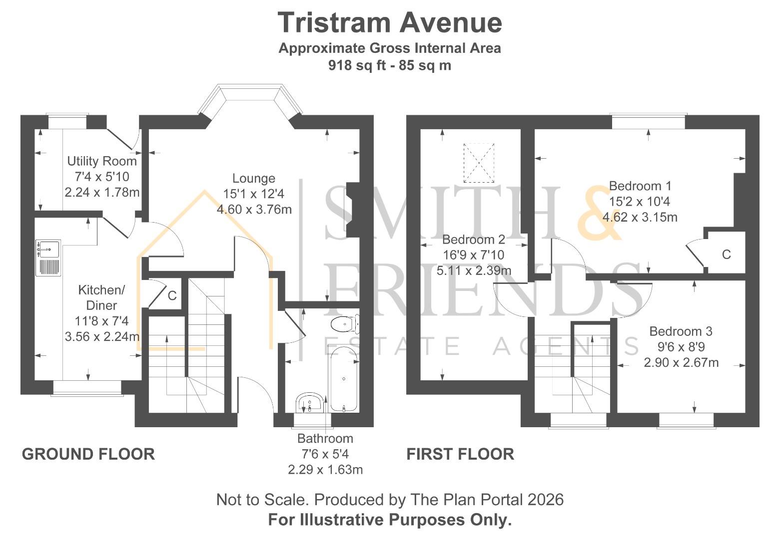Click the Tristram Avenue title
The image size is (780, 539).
click(390, 23)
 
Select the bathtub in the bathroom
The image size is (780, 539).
click(344, 379)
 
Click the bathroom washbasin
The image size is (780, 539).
click(310, 403)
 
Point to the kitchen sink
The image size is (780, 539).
click(48, 258)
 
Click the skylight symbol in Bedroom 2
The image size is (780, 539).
click(479, 163)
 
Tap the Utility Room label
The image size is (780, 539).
click(101, 161)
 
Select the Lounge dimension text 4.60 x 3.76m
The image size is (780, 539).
click(254, 209)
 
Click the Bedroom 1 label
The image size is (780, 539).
click(640, 186)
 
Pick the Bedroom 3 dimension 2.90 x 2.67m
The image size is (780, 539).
click(681, 363)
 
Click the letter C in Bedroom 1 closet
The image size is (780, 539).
click(727, 255)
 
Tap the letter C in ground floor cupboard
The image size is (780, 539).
click(172, 295)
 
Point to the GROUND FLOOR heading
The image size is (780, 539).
click(88, 454)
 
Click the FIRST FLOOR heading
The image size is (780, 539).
click(460, 454)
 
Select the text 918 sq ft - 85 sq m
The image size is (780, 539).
click(390, 65)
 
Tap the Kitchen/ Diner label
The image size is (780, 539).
click(101, 297)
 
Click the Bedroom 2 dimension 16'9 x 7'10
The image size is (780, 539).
click(474, 255)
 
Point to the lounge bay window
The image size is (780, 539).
click(250, 99)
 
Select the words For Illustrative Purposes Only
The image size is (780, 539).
click(390, 520)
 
